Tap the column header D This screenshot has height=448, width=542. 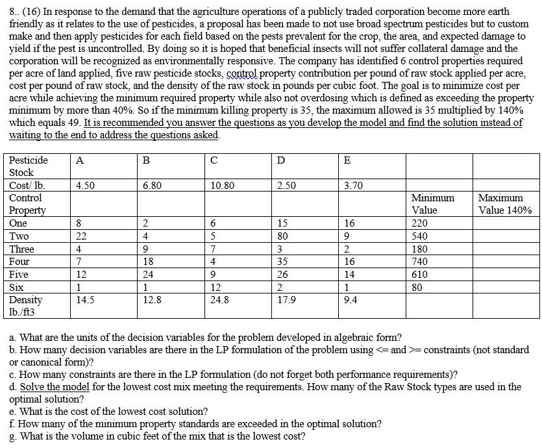[x=280, y=160]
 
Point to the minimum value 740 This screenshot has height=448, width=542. [x=420, y=262]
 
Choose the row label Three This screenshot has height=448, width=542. [x=22, y=249]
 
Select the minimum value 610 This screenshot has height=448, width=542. [x=420, y=275]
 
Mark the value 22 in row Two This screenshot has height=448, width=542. [x=82, y=236]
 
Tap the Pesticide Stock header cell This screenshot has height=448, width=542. [x=29, y=166]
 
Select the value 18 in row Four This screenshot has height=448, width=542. [x=148, y=262]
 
